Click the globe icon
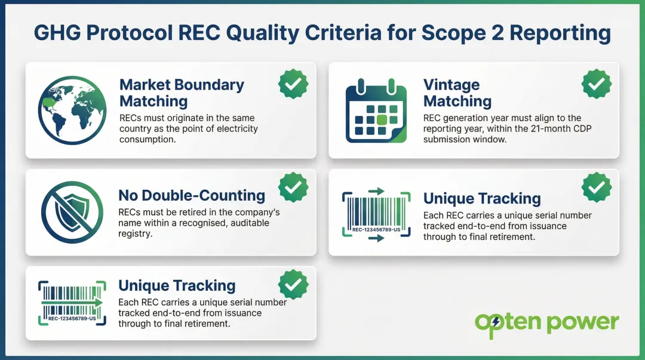(x=72, y=110)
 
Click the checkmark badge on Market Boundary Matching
(x=293, y=84)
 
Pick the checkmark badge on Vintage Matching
(x=597, y=84)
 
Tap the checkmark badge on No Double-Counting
(x=293, y=187)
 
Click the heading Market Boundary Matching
(x=182, y=93)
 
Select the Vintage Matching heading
(x=457, y=93)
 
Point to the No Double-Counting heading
(x=192, y=195)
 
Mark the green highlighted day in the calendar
(x=381, y=119)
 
